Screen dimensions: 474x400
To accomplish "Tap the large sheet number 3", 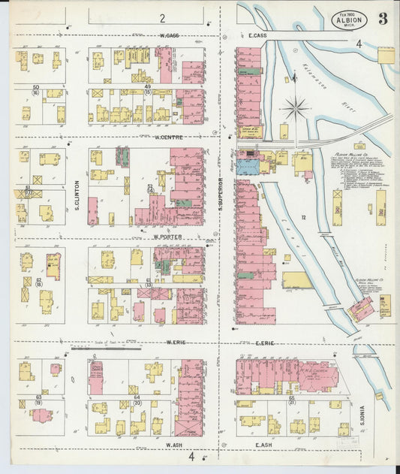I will [x=383, y=20].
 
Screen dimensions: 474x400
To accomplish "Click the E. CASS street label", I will [x=257, y=35].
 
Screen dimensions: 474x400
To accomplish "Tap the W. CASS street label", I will [x=167, y=35].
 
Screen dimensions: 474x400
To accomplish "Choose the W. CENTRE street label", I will [x=170, y=137].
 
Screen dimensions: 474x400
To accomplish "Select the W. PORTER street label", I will [x=168, y=236].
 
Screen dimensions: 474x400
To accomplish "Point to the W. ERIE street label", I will [x=176, y=343].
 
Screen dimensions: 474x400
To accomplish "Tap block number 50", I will [x=35, y=88].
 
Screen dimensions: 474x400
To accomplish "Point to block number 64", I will [x=137, y=397].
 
